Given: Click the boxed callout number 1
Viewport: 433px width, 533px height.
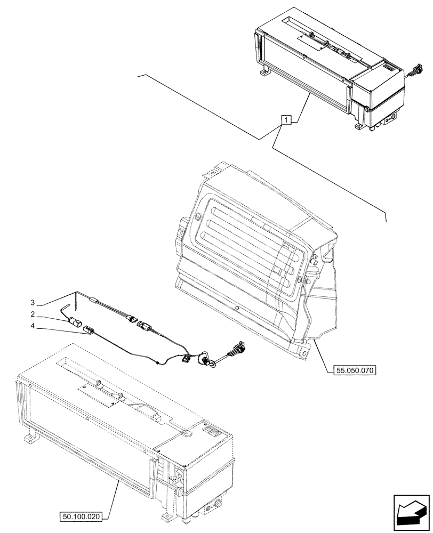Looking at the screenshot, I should pyautogui.click(x=286, y=120).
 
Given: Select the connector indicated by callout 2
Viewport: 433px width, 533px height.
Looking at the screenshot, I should pyautogui.click(x=75, y=322).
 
